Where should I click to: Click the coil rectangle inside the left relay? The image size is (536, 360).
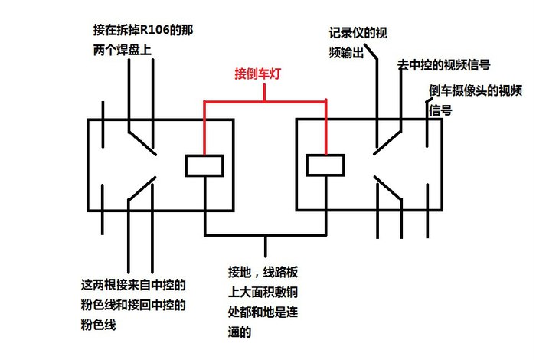point(204,165)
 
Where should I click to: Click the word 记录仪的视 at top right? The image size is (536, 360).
point(357,33)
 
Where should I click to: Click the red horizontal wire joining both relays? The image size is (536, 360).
point(265,100)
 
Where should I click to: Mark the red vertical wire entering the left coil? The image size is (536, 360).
point(204,126)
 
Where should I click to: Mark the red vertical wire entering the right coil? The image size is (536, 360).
point(327,126)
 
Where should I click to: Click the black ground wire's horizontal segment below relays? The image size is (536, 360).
point(265,234)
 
